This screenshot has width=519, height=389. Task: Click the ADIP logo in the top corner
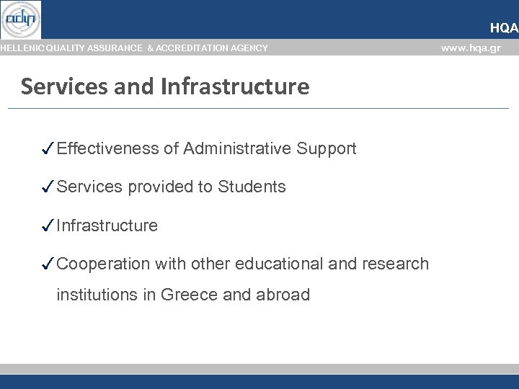pos(20,19)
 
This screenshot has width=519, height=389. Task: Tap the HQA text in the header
pos(503,28)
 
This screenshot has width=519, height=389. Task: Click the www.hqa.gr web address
pos(470,48)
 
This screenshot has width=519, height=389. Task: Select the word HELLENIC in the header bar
pos(21,48)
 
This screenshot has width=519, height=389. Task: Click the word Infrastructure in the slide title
pos(236,87)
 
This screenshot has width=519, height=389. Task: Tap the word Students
pos(252,187)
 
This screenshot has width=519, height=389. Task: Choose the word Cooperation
pos(103,264)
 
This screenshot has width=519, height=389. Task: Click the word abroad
pos(283,295)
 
